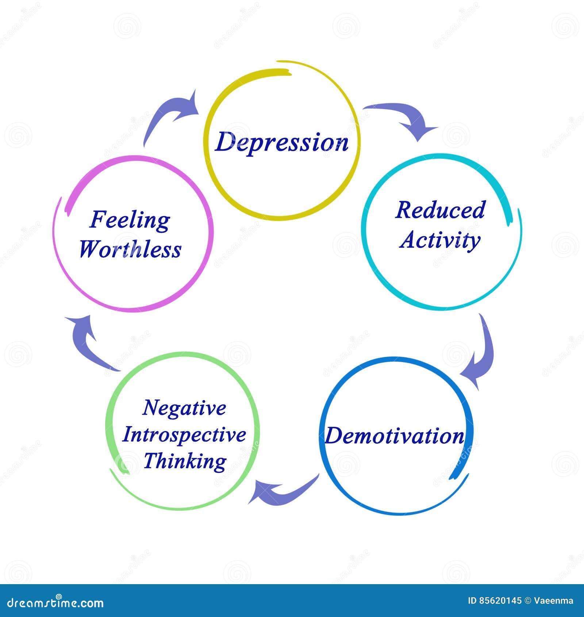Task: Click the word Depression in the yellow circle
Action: coord(282,142)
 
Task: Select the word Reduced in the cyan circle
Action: coord(441,210)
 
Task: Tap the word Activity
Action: coord(440,241)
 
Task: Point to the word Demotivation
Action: coord(395,436)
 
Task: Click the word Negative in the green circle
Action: coord(184,408)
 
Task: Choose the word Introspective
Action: coord(184,435)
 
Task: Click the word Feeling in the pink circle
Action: coord(130,221)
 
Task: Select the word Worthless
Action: coord(130,250)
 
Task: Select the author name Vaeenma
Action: coord(554,601)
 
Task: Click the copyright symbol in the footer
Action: coord(528,601)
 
